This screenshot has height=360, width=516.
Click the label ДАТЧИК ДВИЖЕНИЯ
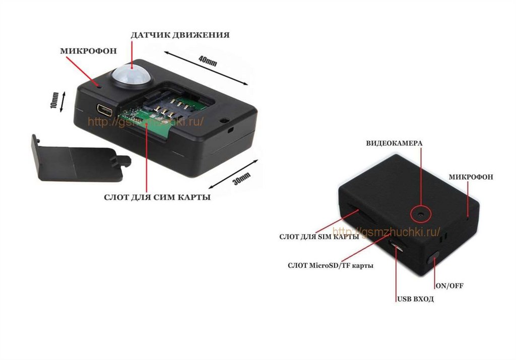pos(180,35)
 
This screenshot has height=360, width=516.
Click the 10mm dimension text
pos(54,100)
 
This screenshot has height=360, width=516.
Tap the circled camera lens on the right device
pos(420,214)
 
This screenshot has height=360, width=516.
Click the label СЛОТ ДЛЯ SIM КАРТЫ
pos(318,236)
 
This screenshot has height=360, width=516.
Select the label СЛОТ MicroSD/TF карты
pos(330,265)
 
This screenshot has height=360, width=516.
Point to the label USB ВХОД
pos(415,299)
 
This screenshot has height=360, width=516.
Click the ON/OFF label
pos(449,285)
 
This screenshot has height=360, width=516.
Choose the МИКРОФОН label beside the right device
pos(471,177)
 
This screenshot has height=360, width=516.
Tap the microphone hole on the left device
pos(100,86)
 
